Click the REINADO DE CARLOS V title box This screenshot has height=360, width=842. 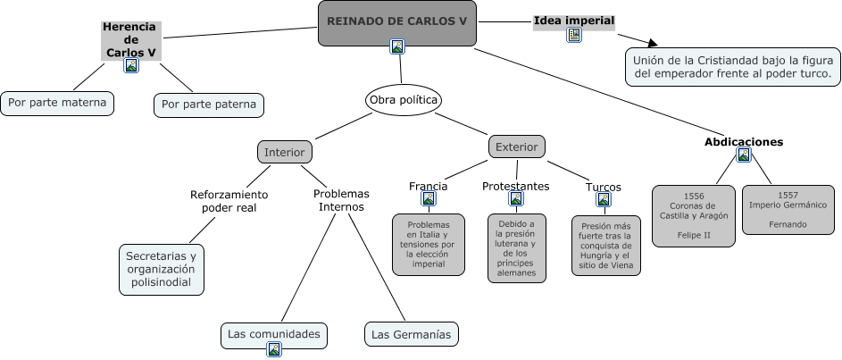[396, 21]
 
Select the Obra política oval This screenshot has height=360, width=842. [404, 100]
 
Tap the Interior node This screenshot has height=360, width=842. [285, 152]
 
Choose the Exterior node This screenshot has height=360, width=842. [516, 146]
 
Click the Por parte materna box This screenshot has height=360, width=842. [57, 103]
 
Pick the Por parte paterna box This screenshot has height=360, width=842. [209, 105]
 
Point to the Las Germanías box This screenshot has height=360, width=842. [412, 334]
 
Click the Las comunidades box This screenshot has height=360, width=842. [273, 334]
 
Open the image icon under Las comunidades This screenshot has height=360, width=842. [274, 349]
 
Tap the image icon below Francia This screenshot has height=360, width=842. [429, 199]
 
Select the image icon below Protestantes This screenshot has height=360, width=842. [516, 199]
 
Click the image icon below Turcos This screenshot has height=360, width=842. [604, 199]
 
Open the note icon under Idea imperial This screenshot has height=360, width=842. [574, 35]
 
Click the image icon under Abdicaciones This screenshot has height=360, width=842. [744, 155]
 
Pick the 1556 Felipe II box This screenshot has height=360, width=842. [694, 215]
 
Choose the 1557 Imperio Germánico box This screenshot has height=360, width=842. [788, 209]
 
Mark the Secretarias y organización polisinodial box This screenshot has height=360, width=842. [161, 269]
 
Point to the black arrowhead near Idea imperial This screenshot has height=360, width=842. [653, 42]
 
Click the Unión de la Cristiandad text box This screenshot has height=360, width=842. [733, 67]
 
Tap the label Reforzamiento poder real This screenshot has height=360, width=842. [229, 201]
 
